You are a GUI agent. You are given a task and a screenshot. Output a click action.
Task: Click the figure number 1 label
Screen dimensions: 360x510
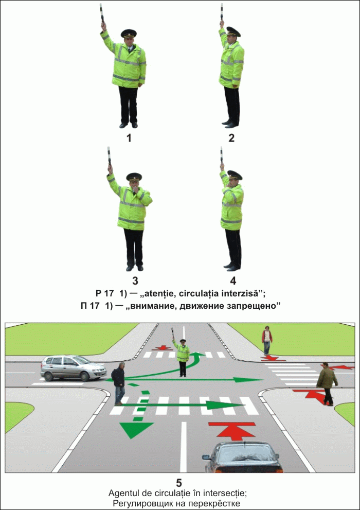(x=129, y=138)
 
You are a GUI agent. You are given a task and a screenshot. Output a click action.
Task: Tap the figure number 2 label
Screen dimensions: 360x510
(x=231, y=138)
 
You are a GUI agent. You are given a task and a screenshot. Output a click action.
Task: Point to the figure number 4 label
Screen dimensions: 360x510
(x=233, y=280)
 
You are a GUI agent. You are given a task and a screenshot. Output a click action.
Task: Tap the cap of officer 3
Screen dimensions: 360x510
(x=134, y=177)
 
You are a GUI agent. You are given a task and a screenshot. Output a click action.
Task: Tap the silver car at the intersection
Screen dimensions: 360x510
(x=74, y=368)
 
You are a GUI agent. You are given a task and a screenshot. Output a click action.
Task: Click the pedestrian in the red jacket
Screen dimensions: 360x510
(x=267, y=340)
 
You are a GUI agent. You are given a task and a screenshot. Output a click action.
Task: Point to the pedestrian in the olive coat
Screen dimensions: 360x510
(x=327, y=384)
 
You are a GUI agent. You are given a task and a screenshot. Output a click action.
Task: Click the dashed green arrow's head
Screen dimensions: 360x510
(x=136, y=430)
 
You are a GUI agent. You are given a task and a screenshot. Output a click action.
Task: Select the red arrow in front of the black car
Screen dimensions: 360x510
(x=231, y=431)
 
